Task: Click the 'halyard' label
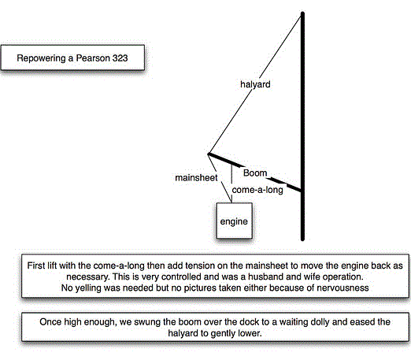(255, 84)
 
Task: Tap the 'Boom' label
(255, 173)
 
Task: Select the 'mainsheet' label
(196, 178)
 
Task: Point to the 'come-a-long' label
(257, 190)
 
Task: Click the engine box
(234, 221)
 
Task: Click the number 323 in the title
(120, 58)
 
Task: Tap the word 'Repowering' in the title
(41, 58)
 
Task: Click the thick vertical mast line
(302, 126)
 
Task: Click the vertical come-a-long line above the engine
(231, 183)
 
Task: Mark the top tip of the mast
(302, 12)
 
